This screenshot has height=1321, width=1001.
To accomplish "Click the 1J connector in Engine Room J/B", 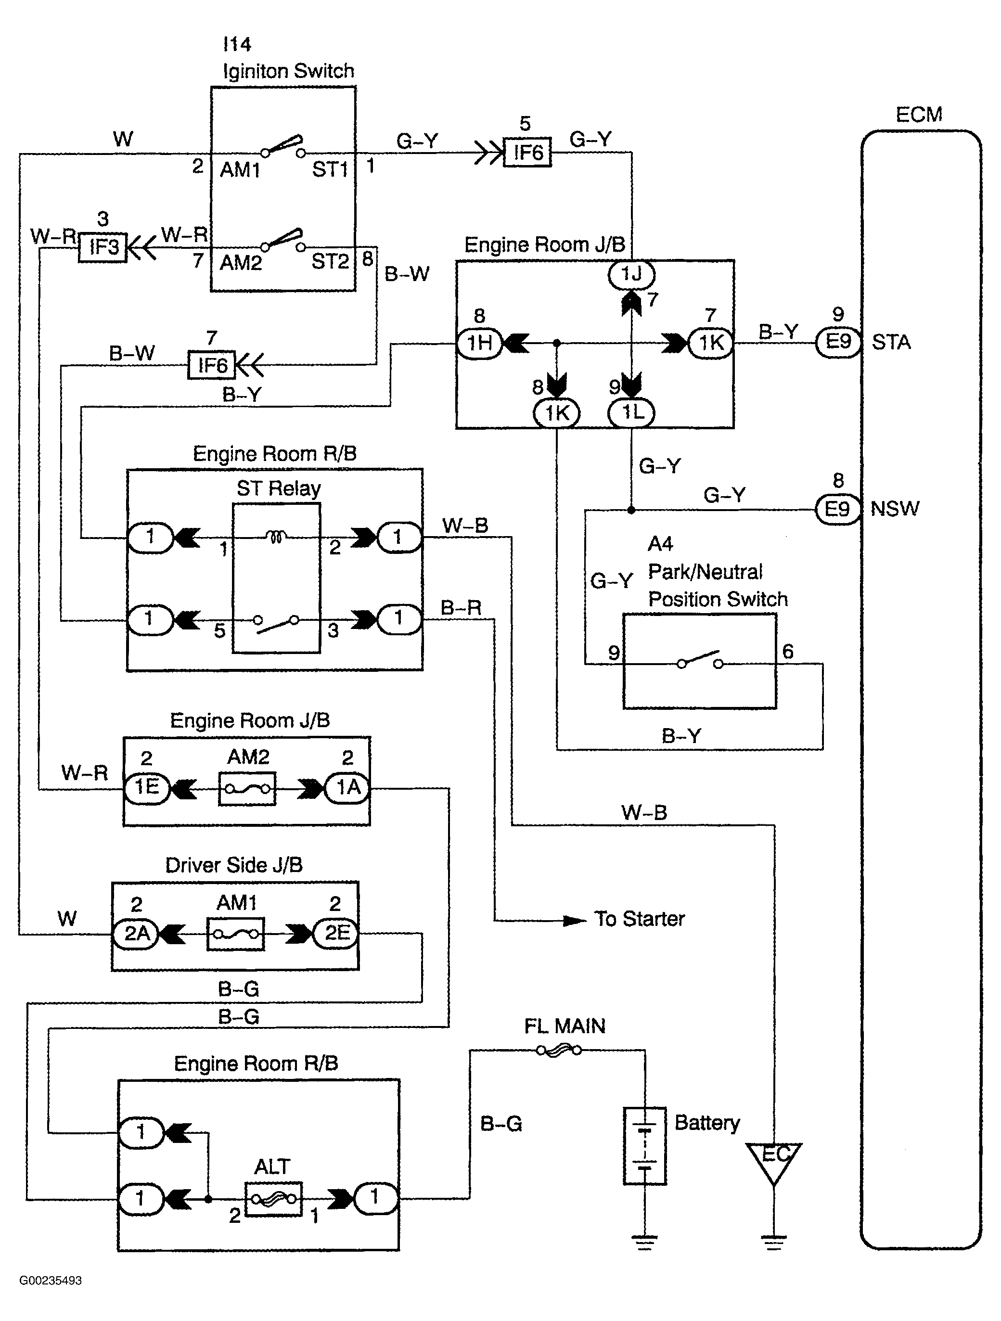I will coord(631,274).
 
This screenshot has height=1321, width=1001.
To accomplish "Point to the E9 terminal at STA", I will coord(838,342).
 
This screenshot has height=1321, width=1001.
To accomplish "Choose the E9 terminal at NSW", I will coord(837,509).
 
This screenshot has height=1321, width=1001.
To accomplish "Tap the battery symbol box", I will coord(644,1145).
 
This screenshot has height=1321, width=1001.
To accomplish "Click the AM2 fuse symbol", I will coord(247,789).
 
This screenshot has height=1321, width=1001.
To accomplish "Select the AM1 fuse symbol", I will coord(236,934).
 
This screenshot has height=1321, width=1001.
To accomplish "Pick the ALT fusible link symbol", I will coord(273,1198).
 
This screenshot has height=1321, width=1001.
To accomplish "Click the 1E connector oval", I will coord(146,788).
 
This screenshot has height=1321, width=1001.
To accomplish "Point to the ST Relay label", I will coord(278,488).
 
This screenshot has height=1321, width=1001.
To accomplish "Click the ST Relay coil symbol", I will coord(275,538).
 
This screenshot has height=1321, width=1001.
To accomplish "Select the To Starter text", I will coord(639,919).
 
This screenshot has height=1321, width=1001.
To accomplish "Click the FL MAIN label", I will coord(565,1026).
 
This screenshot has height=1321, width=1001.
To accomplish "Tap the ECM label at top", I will coord(919,115).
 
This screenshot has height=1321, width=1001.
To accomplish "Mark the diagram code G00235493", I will coord(50,1281).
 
